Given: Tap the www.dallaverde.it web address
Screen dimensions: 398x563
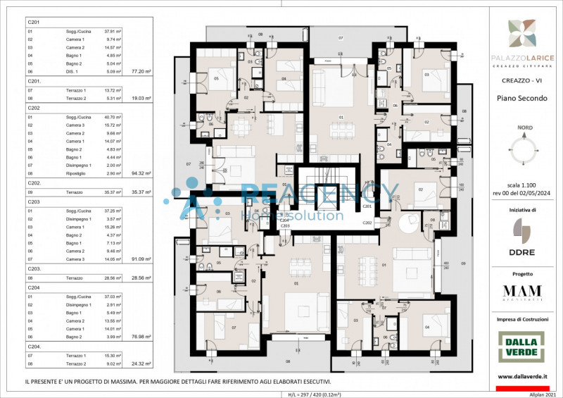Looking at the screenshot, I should (522, 378).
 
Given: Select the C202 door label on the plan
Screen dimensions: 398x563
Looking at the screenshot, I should (367, 223).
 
